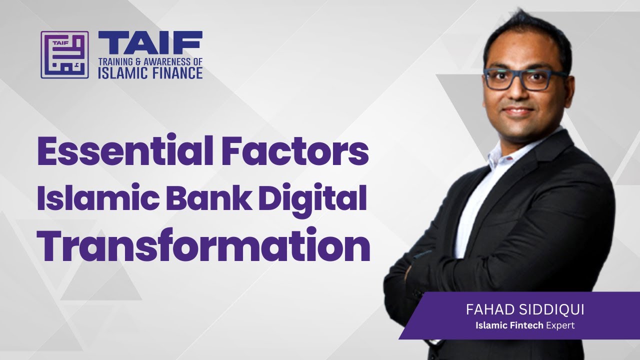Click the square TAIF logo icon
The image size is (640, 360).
tap(64, 54)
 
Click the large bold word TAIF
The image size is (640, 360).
tap(150, 43)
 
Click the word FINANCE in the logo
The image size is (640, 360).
tap(175, 73)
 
